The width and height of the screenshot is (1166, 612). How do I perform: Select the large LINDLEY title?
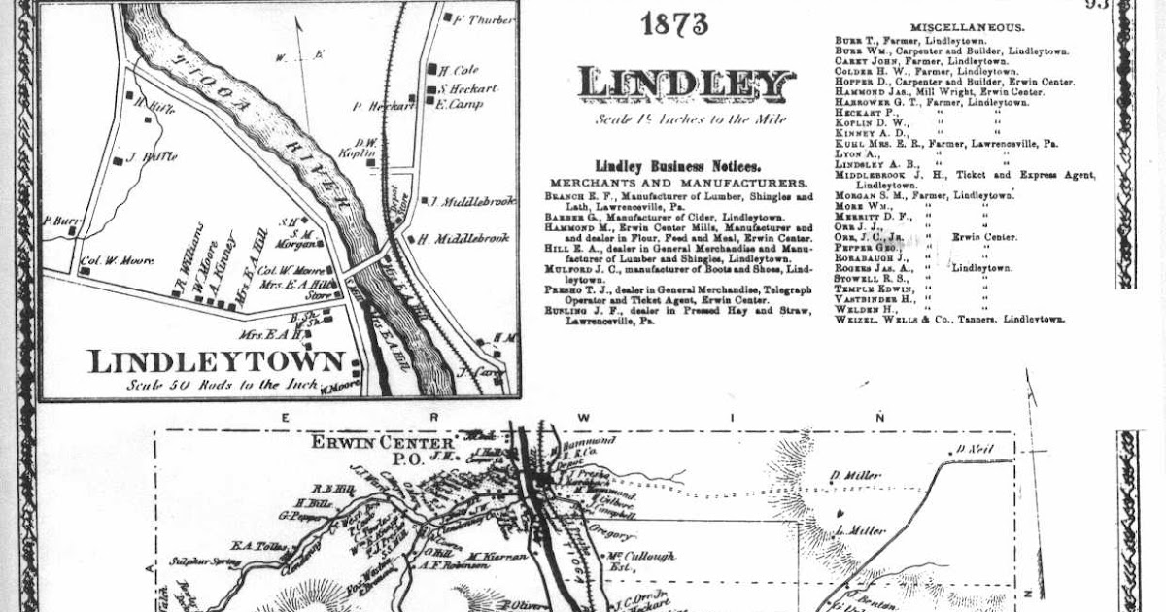pyautogui.click(x=686, y=85)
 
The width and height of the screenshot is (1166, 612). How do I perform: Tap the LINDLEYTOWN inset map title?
pyautogui.click(x=217, y=362)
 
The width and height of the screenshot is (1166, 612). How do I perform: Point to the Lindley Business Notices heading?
pyautogui.click(x=677, y=166)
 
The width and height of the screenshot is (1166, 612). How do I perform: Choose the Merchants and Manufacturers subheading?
pyautogui.click(x=678, y=183)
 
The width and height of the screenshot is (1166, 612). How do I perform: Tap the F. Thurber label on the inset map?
pyautogui.click(x=484, y=19)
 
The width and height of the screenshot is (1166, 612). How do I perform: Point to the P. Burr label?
pyautogui.click(x=60, y=221)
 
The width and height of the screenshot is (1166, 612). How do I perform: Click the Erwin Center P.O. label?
pyautogui.click(x=368, y=450)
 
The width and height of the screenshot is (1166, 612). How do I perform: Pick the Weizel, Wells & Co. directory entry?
pyautogui.click(x=949, y=319)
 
